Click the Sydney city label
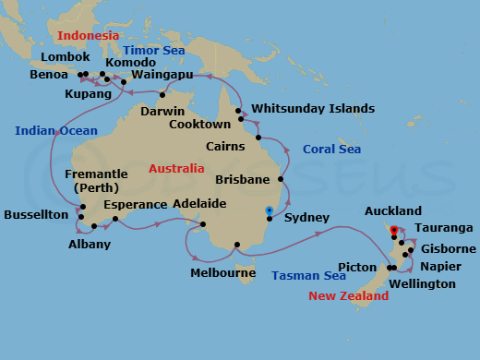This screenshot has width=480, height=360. (x=306, y=218)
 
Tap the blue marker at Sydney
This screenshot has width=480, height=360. (x=269, y=210)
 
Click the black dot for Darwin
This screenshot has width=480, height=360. (x=162, y=94)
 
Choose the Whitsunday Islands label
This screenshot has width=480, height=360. (x=313, y=108)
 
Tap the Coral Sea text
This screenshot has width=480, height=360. (x=331, y=150)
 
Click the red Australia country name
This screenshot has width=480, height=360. (x=176, y=169)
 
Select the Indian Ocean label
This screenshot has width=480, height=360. (x=50, y=131)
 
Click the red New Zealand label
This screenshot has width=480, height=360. (x=348, y=296)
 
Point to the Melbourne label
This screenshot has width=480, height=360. (x=222, y=273)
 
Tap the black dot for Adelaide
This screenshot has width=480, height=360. (x=203, y=223)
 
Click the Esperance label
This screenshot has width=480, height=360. (x=135, y=204)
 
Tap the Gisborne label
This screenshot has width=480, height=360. (x=448, y=249)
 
